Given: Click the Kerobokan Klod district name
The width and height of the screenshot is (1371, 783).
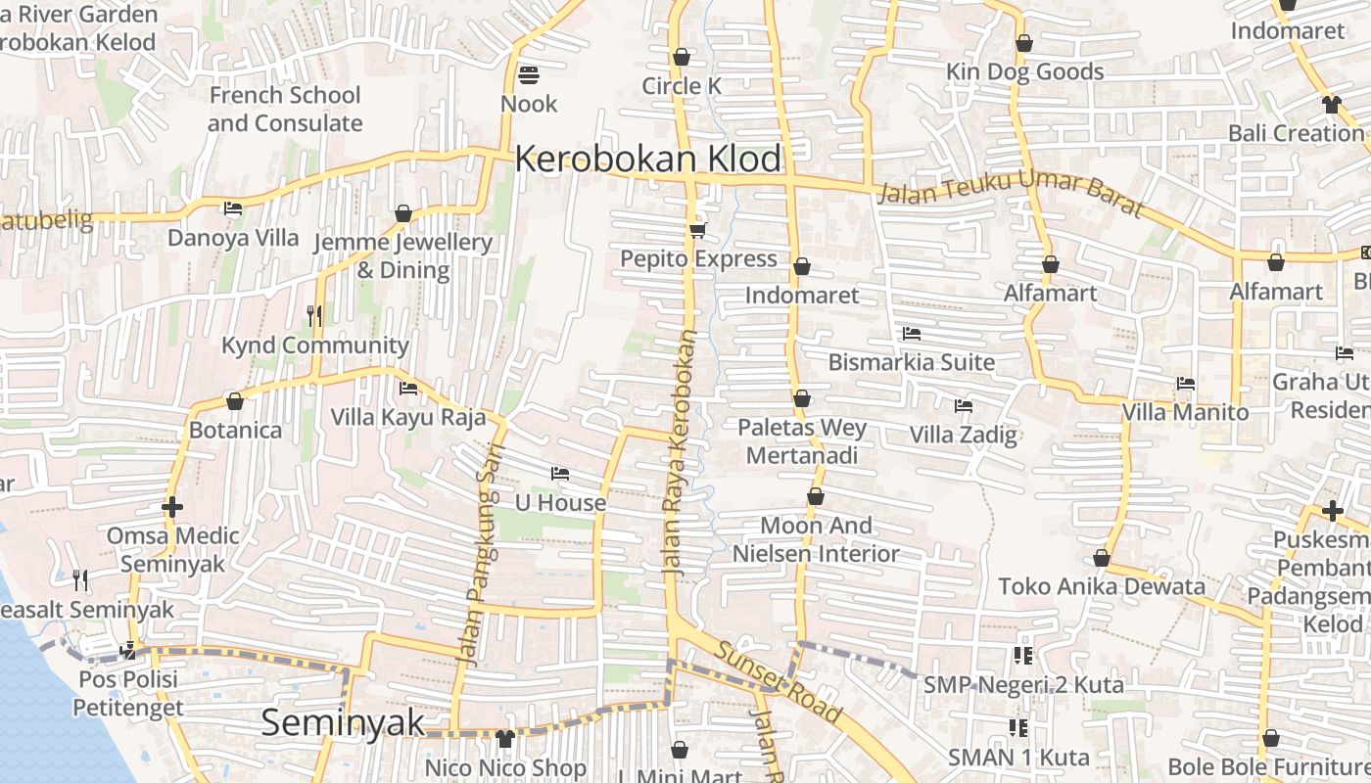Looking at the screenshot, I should pyautogui.click(x=648, y=159).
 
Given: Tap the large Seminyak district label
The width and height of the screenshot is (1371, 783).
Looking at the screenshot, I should pyautogui.click(x=343, y=722).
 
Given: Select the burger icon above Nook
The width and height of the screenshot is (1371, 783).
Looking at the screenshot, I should pyautogui.click(x=529, y=75).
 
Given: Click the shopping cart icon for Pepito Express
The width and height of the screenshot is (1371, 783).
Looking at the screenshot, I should pyautogui.click(x=697, y=230).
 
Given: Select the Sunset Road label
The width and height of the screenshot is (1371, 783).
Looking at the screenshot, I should pyautogui.click(x=778, y=681).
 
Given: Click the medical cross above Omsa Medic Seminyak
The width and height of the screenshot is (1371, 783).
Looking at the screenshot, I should pyautogui.click(x=172, y=507).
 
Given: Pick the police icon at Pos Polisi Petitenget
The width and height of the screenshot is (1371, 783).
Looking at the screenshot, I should pyautogui.click(x=127, y=650).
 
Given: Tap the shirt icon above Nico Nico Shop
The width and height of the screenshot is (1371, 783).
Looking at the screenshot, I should pyautogui.click(x=505, y=738).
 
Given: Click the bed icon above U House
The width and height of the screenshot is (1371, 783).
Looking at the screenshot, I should pyautogui.click(x=560, y=474).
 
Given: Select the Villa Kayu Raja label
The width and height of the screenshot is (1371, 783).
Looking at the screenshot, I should pyautogui.click(x=407, y=418).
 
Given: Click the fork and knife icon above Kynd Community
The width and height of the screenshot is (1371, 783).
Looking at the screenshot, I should pyautogui.click(x=313, y=315).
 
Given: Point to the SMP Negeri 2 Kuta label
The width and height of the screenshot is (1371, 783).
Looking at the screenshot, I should pyautogui.click(x=1023, y=684).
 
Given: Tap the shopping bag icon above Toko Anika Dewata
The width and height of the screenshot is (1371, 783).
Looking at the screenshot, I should pyautogui.click(x=1102, y=558).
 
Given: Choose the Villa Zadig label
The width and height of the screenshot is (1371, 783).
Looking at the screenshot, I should pyautogui.click(x=964, y=435).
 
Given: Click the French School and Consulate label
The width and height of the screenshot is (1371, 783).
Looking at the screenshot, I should pyautogui.click(x=285, y=109).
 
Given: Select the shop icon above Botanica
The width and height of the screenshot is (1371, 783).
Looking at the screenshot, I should pyautogui.click(x=235, y=401).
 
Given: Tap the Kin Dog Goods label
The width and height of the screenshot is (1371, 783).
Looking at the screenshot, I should pyautogui.click(x=1024, y=71).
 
